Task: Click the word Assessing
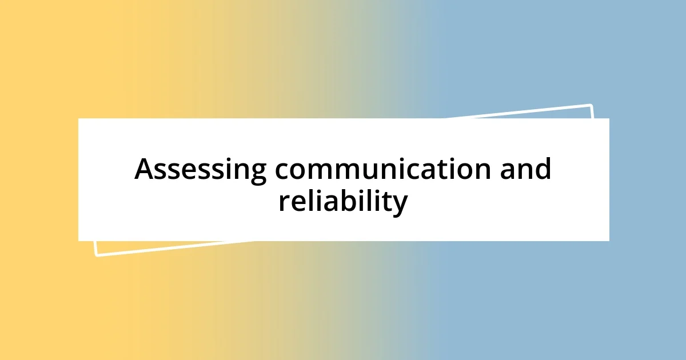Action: [x=200, y=170]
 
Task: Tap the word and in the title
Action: [x=525, y=170]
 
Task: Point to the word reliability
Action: [x=343, y=202]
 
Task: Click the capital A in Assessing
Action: [x=145, y=170]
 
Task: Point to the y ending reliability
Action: [x=400, y=205]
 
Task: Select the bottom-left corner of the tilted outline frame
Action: [x=96, y=255]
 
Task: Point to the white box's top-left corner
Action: [x=78, y=118]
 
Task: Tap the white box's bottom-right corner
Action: [x=609, y=241]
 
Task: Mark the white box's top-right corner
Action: [x=609, y=118]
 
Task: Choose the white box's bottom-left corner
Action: [x=78, y=241]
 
